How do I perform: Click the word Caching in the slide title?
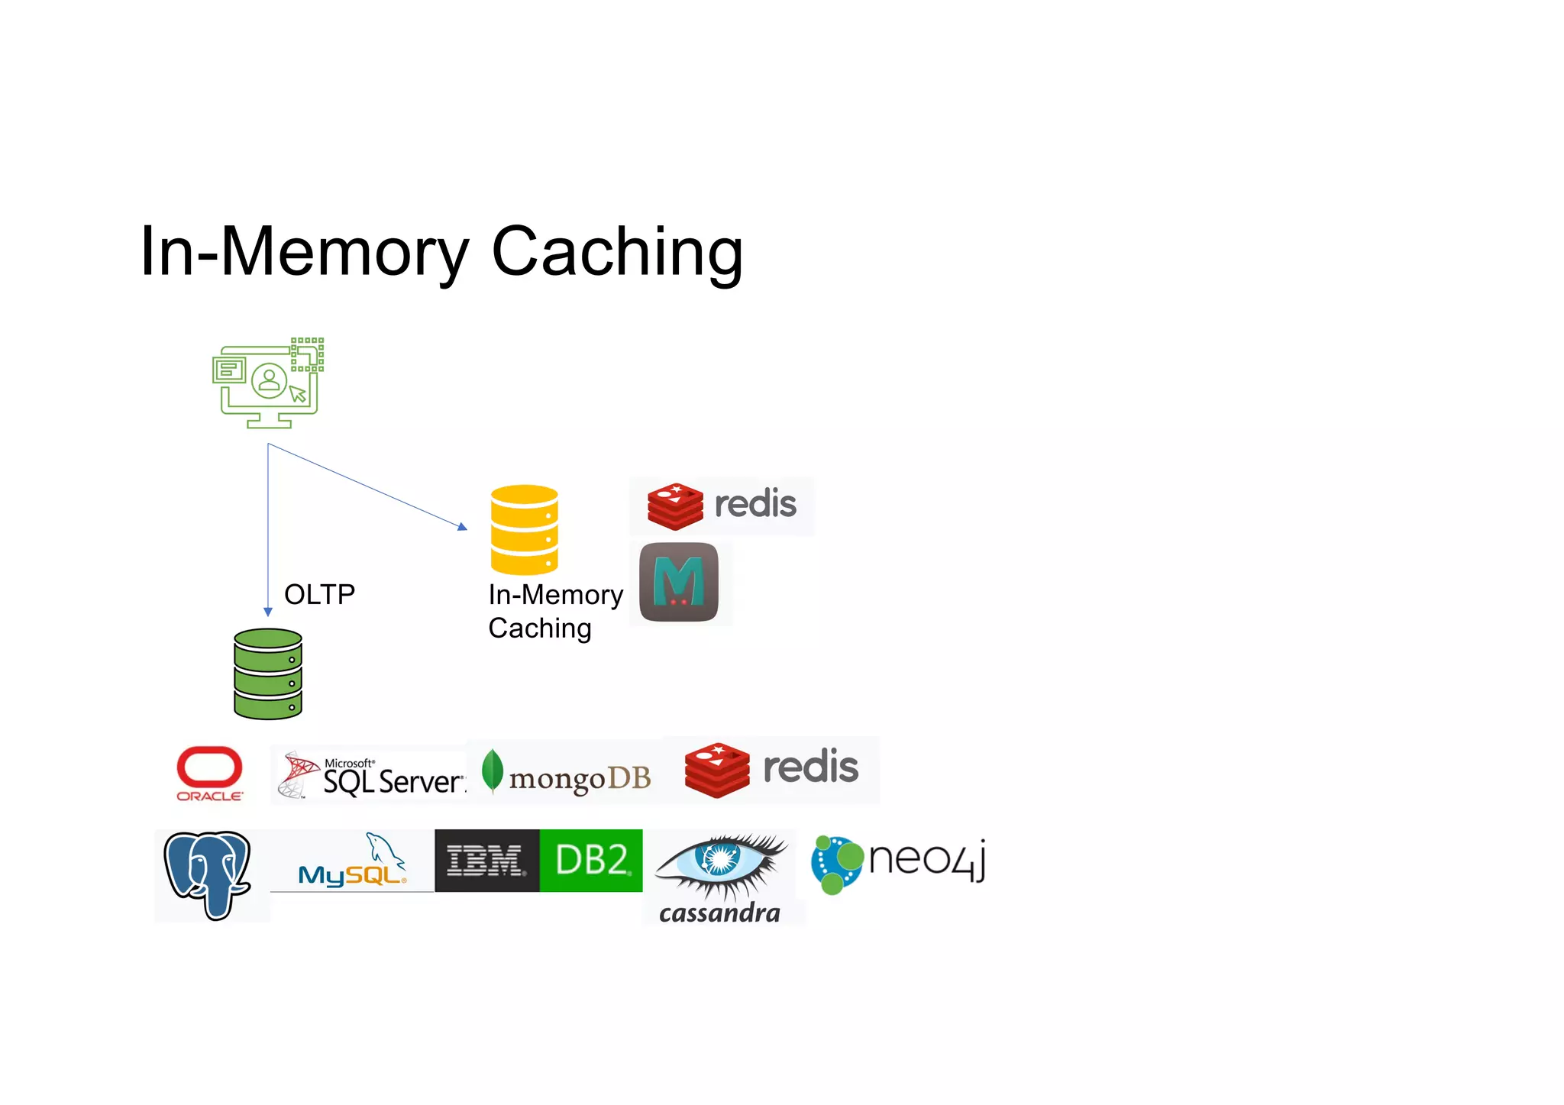pos(617,251)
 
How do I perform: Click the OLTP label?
pos(319,594)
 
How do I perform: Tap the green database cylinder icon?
pos(268,674)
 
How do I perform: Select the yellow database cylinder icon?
pos(524,529)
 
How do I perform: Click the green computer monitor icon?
pos(268,383)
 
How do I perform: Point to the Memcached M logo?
pos(678,582)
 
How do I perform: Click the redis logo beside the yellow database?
pos(722,506)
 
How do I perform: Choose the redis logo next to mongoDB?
pos(771,769)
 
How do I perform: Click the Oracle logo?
pos(209,773)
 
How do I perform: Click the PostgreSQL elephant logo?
pos(208,874)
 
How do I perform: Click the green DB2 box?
pos(591,861)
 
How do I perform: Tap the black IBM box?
pos(486,861)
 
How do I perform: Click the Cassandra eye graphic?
pos(720,862)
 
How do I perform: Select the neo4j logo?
pos(898,863)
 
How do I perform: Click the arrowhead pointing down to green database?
pos(268,611)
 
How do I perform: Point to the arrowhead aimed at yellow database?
pos(462,526)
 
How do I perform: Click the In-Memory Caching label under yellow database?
pos(554,611)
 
